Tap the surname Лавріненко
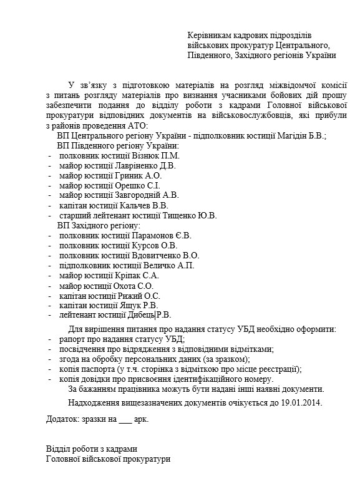136,166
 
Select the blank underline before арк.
124,419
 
